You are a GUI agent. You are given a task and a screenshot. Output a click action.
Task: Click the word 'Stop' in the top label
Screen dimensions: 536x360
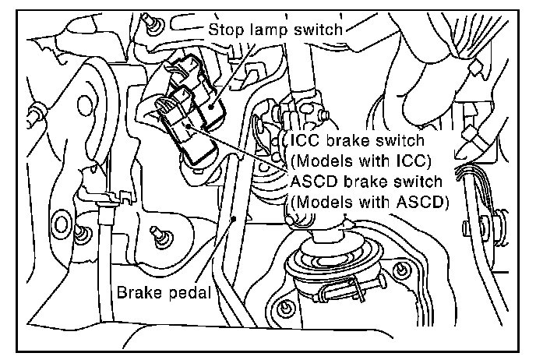[224, 30]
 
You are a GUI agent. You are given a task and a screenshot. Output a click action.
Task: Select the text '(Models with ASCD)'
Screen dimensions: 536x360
[367, 203]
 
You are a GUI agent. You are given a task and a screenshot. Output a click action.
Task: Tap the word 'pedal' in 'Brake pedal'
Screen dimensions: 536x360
[191, 294]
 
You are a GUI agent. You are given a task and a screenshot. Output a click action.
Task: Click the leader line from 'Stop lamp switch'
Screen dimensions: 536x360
[238, 66]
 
